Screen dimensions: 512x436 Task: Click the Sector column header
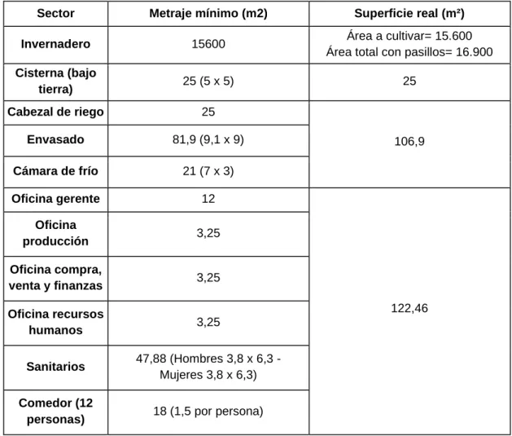[x=55, y=13]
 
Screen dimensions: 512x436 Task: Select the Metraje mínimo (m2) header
[x=208, y=13]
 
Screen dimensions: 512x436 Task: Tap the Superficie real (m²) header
[x=409, y=13]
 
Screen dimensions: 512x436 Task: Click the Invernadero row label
[x=55, y=44]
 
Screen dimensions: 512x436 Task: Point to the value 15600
[x=208, y=44]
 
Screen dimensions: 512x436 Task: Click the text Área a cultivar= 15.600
[x=409, y=36]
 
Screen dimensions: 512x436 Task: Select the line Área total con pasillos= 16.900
[x=409, y=52]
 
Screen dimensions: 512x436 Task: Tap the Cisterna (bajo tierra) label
[x=55, y=81]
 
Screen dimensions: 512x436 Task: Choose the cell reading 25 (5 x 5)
[x=208, y=81]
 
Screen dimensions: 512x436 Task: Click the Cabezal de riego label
[x=55, y=112]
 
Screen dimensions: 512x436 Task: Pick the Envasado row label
[x=55, y=139]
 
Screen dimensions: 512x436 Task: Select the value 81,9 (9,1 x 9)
[x=208, y=139]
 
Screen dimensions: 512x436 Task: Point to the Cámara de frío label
[x=55, y=171]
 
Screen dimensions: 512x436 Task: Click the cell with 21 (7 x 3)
[x=208, y=171]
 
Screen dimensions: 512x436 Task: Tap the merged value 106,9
[x=409, y=142]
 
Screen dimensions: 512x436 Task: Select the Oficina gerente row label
[x=55, y=199]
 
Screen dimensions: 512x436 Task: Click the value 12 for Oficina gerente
[x=208, y=199]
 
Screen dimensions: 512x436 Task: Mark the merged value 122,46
[x=409, y=308]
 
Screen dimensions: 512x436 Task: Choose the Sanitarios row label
[x=55, y=367]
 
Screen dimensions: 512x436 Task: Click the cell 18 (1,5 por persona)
[x=208, y=412]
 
